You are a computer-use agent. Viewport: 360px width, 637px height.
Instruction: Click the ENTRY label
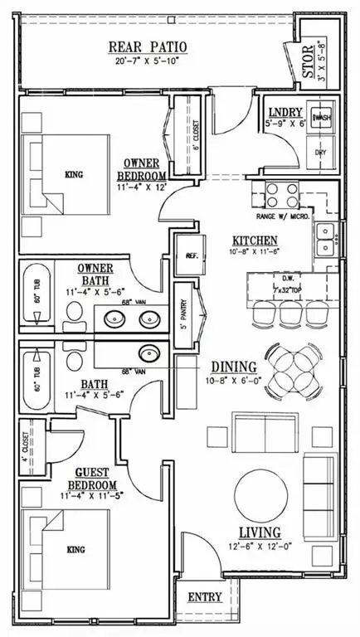[204, 598]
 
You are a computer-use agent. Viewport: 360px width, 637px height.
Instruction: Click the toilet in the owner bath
[75, 311]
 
